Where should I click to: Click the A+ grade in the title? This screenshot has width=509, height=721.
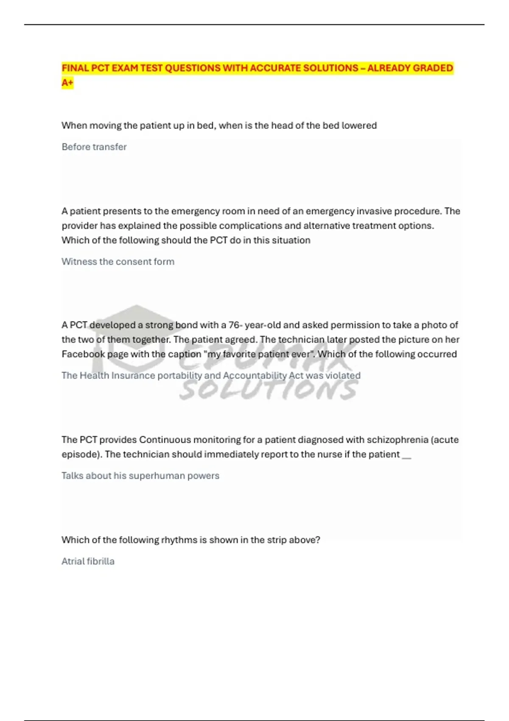pyautogui.click(x=67, y=83)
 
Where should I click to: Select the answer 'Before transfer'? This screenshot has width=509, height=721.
pyautogui.click(x=94, y=147)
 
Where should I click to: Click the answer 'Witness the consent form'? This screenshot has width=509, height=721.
pyautogui.click(x=118, y=262)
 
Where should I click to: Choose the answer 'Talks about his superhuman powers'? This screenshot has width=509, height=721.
pyautogui.click(x=140, y=476)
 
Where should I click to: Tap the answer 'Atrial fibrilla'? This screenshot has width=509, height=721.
pyautogui.click(x=88, y=562)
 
